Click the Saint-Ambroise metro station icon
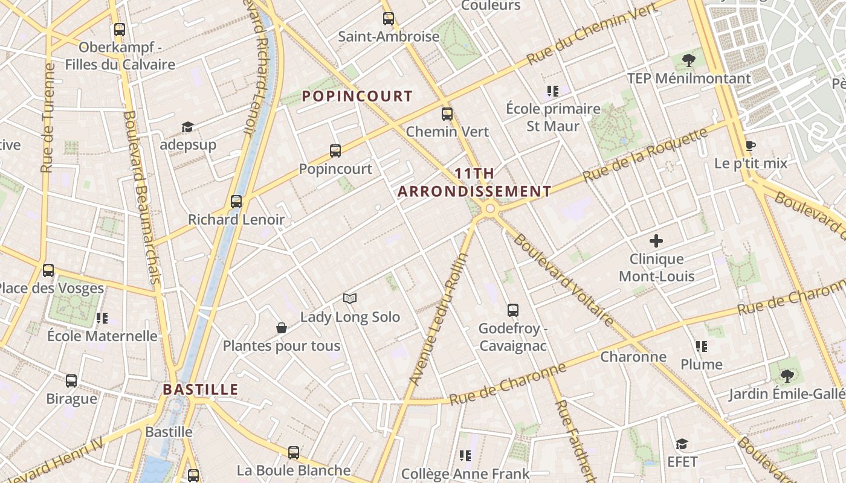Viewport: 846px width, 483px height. click(388, 19)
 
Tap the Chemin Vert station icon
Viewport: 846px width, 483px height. click(447, 114)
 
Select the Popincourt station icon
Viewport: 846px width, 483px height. click(335, 151)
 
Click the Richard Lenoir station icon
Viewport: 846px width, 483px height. click(236, 202)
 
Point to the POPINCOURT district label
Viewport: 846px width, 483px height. click(357, 96)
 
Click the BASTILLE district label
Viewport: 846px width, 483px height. click(201, 389)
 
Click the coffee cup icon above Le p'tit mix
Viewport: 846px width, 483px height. click(751, 146)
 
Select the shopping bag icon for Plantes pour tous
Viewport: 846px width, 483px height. click(281, 328)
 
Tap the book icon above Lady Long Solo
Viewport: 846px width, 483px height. click(350, 298)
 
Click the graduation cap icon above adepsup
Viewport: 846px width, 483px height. click(187, 127)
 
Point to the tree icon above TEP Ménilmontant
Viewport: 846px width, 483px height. click(688, 60)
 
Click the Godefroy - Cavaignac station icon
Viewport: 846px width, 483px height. click(513, 310)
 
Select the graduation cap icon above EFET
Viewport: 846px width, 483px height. click(682, 444)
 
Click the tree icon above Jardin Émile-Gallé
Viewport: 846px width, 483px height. click(787, 376)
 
